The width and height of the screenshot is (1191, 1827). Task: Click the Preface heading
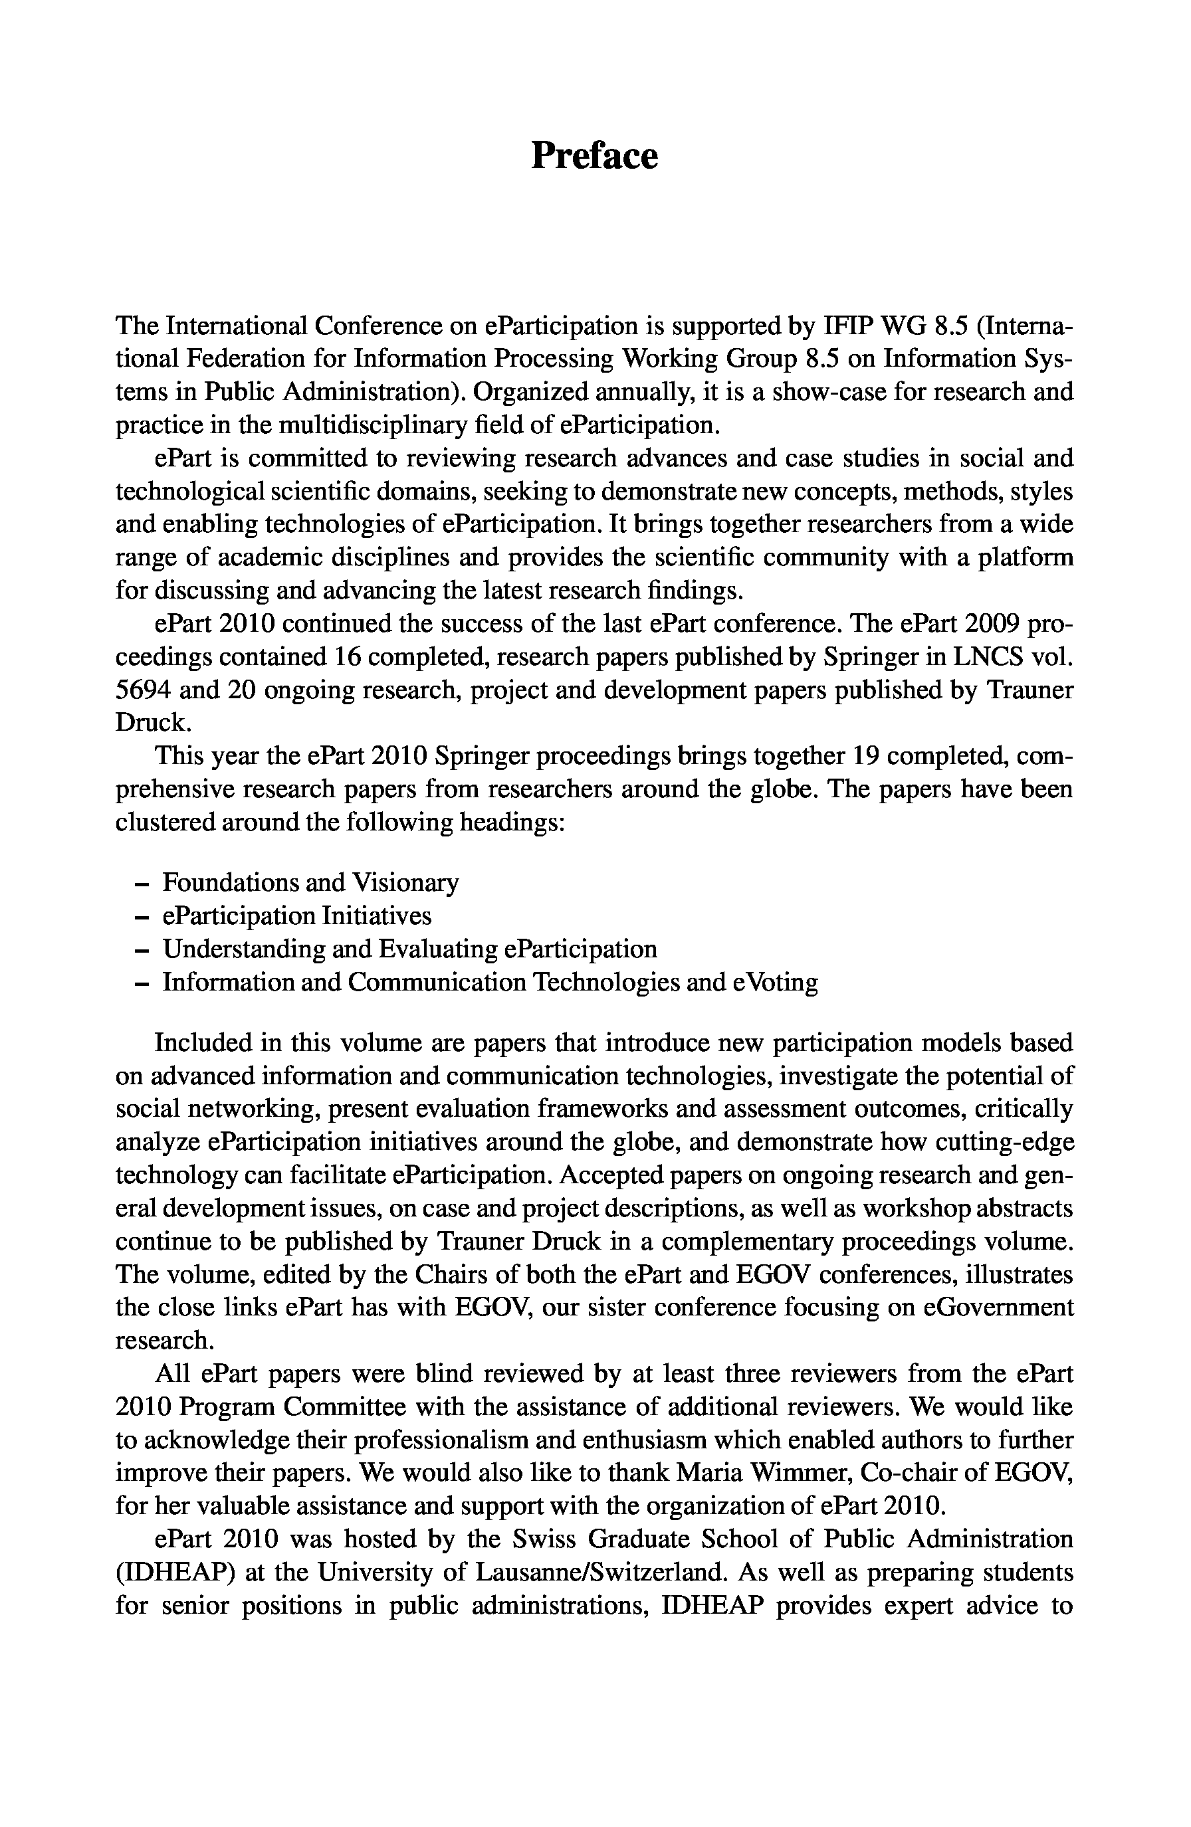coord(594,156)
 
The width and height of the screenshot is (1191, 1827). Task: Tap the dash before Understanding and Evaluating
coord(140,950)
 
